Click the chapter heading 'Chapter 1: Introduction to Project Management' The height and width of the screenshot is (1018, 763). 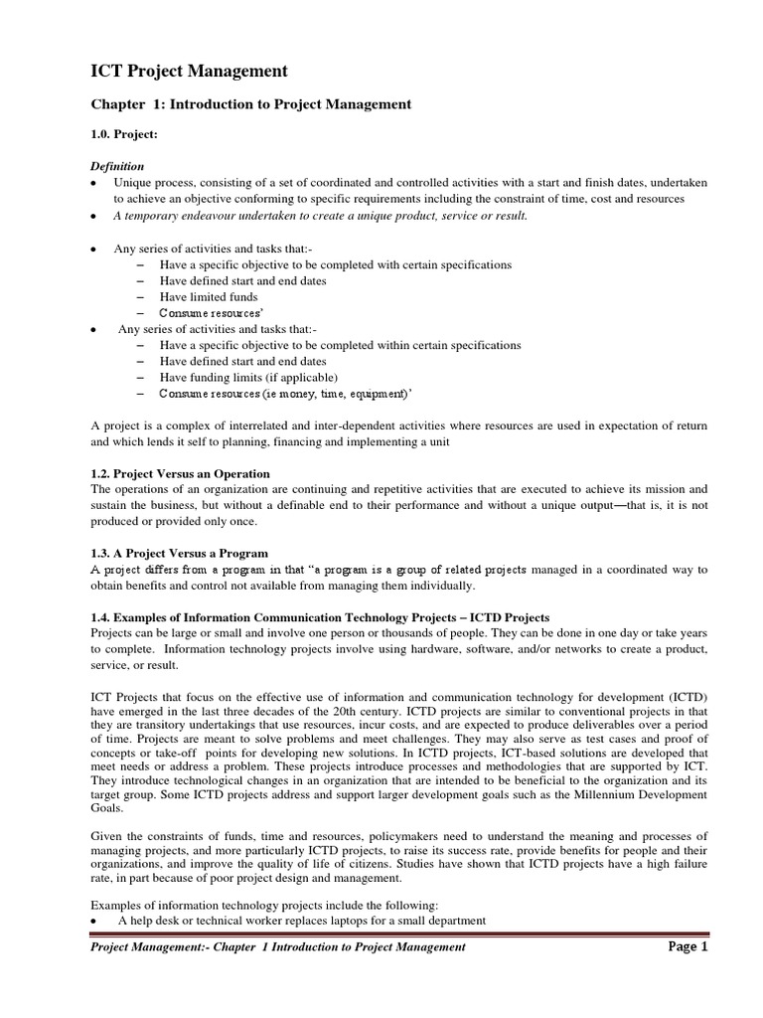[250, 103]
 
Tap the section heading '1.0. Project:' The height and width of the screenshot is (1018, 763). [124, 134]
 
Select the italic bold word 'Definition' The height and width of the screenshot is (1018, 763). [117, 167]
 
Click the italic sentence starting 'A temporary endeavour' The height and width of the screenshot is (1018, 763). [321, 216]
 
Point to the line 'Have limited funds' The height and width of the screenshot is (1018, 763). [209, 296]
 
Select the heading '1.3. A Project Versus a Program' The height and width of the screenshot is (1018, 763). [179, 553]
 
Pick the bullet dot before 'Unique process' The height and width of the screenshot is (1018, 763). [92, 184]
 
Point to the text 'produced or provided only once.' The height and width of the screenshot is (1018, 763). [174, 522]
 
